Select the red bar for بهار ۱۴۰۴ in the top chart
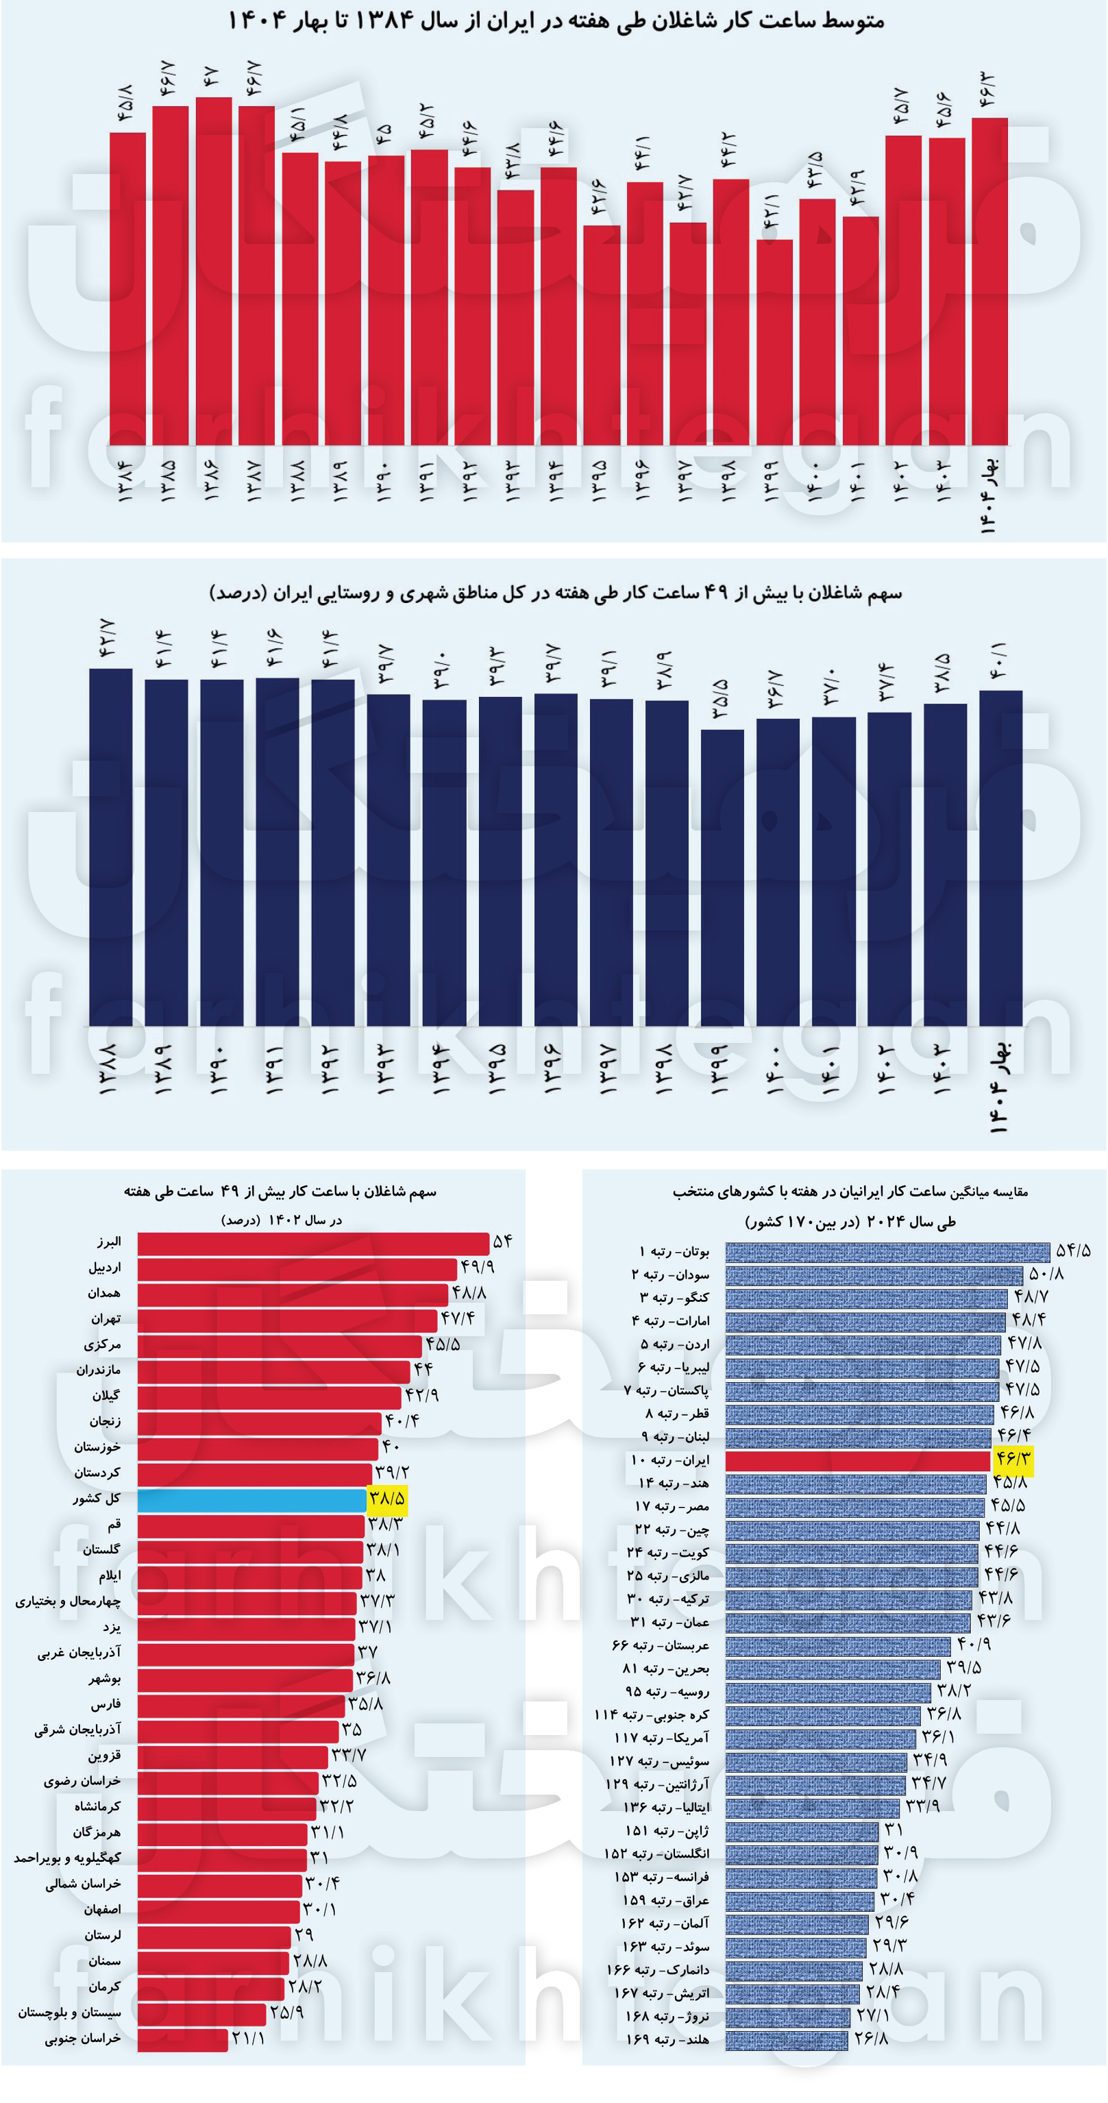[989, 282]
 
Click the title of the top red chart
[555, 20]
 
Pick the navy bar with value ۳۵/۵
[722, 878]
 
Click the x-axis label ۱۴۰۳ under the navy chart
[943, 1070]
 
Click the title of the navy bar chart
[555, 593]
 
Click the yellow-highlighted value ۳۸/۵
[387, 1498]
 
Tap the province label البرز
[108, 1242]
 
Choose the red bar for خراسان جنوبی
[182, 2039]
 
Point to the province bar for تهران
[286, 1319]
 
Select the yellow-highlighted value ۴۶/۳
[1013, 1460]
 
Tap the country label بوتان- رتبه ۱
[674, 1251]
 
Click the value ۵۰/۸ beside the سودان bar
[1046, 1274]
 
